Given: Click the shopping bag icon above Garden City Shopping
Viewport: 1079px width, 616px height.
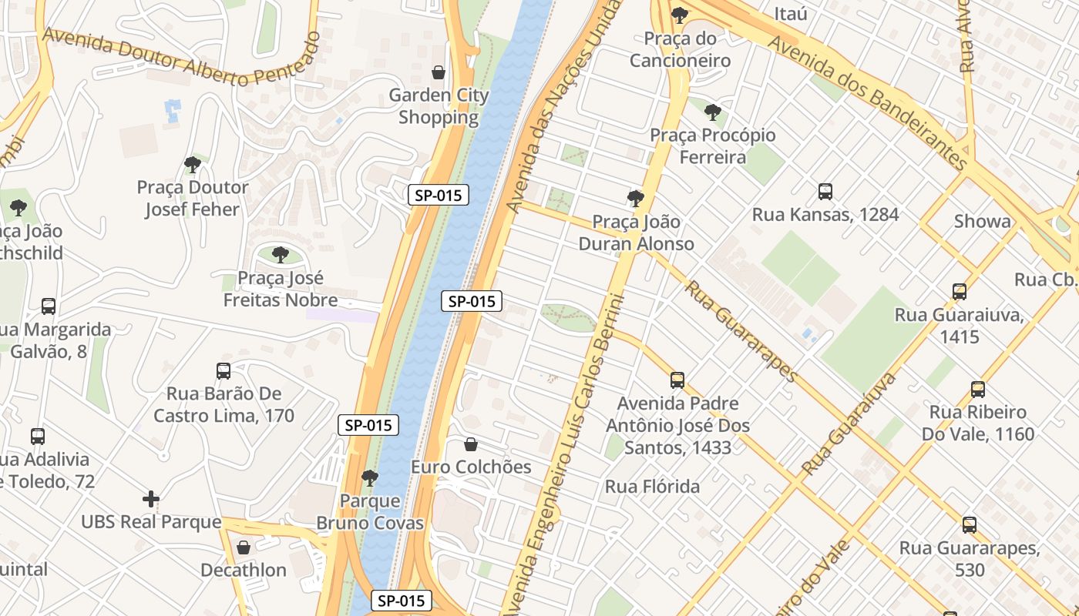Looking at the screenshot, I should click(x=439, y=72).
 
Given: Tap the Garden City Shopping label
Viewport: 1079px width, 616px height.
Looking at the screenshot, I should click(x=439, y=106).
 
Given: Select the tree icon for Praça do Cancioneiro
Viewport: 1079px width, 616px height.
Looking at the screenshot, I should click(x=679, y=15).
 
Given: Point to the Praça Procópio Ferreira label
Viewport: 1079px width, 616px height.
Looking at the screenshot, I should click(x=713, y=146).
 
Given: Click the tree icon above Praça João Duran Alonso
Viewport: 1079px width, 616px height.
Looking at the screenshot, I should click(x=636, y=199).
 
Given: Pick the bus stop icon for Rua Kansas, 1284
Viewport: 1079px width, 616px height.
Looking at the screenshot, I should click(x=825, y=191).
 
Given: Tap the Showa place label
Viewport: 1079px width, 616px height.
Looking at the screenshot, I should click(x=982, y=222).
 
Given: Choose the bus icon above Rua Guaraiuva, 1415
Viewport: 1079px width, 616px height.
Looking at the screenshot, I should click(x=959, y=292).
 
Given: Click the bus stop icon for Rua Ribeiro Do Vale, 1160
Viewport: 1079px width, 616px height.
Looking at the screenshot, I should click(x=978, y=390).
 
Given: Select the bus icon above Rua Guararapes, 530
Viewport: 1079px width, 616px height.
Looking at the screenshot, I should click(x=970, y=525).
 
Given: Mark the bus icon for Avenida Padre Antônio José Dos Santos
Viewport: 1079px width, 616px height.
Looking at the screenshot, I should click(x=677, y=380).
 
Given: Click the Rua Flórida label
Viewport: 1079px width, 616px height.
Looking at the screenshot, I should click(x=652, y=487).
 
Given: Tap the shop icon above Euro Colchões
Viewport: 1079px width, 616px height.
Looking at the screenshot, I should click(x=471, y=444).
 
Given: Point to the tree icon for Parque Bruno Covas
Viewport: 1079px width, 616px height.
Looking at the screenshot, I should click(x=370, y=478).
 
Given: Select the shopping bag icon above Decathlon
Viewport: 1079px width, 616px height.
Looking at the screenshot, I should click(x=244, y=547).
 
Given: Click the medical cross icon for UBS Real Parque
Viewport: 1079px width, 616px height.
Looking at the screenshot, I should click(x=151, y=499).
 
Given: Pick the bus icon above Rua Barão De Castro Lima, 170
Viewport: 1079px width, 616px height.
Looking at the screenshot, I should click(x=224, y=371).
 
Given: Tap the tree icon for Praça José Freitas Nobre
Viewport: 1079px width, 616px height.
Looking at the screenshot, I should click(x=281, y=255).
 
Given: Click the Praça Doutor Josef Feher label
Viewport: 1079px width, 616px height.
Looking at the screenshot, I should click(x=193, y=199).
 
